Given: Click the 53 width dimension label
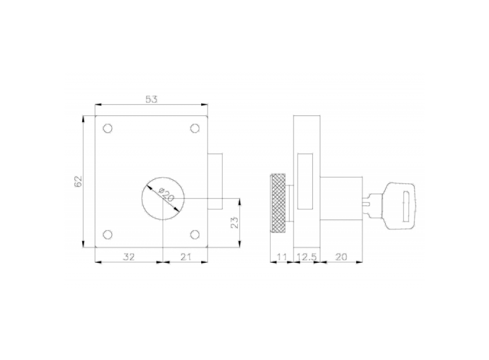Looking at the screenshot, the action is [151, 99].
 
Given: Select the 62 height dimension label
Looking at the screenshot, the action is [78, 182].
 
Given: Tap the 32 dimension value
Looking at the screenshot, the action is [129, 257].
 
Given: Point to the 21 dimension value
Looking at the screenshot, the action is [185, 257].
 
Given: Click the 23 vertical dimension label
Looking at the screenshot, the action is [235, 223].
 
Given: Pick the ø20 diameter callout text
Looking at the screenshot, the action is [166, 194].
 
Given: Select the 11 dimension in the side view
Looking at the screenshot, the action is [282, 257].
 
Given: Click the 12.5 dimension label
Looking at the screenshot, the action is [307, 257].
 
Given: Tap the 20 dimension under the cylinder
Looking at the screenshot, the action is [341, 257].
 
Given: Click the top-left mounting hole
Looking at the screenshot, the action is [108, 129].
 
